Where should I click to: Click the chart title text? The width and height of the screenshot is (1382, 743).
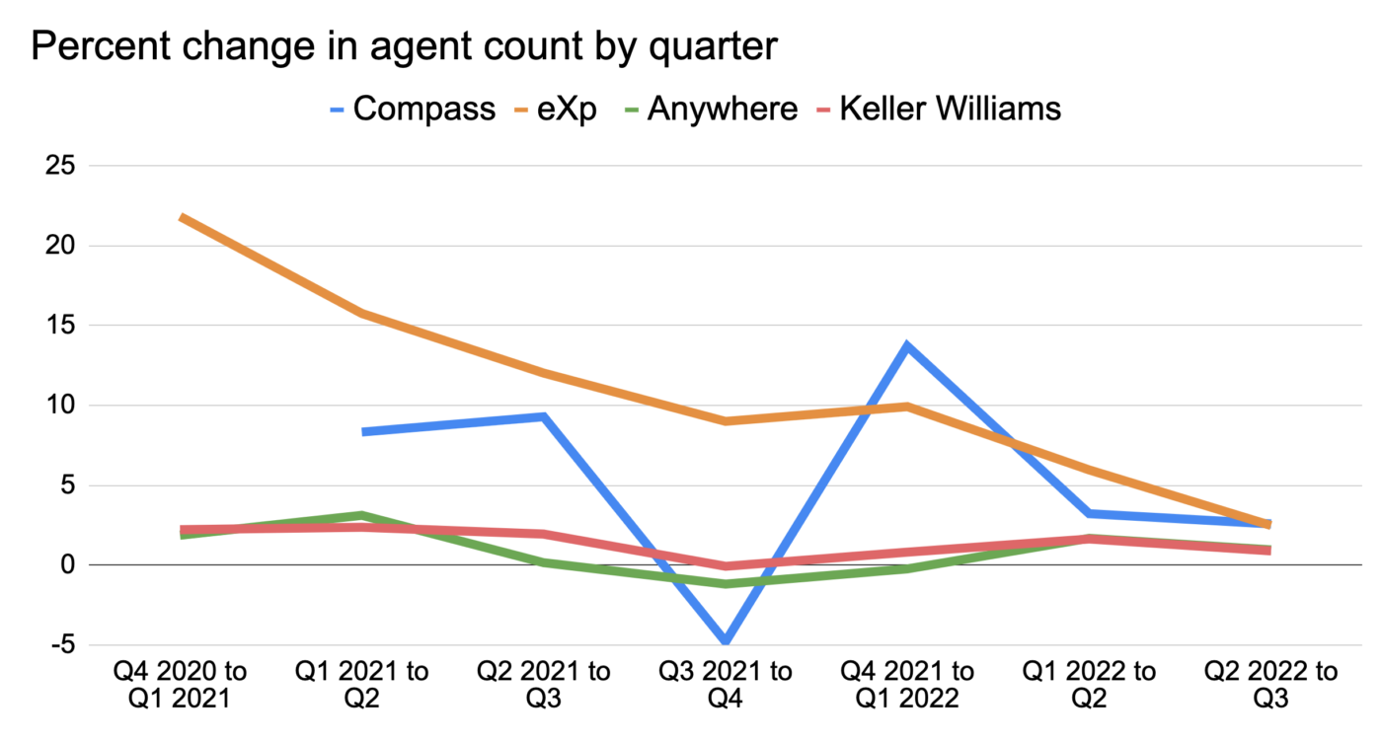[x=404, y=46]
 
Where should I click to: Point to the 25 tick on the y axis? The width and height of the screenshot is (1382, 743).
[x=60, y=165]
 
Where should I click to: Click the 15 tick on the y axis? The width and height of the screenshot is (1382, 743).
[x=60, y=325]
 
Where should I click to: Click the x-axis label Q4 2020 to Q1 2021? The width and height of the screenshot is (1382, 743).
[x=181, y=686]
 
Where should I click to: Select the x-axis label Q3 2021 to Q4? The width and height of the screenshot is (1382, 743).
[x=726, y=686]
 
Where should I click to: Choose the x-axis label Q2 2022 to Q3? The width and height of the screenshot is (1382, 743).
[x=1270, y=686]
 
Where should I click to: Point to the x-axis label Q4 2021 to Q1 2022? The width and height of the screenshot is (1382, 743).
[x=907, y=686]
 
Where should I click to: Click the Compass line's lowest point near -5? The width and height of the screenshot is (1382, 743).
[x=726, y=642]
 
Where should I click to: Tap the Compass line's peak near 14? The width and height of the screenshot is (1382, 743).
[x=906, y=345]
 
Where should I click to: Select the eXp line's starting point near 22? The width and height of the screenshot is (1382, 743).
[x=183, y=217]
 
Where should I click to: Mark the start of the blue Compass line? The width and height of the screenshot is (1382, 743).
[x=364, y=431]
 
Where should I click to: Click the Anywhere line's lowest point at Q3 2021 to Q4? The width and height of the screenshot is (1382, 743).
[x=726, y=584]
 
